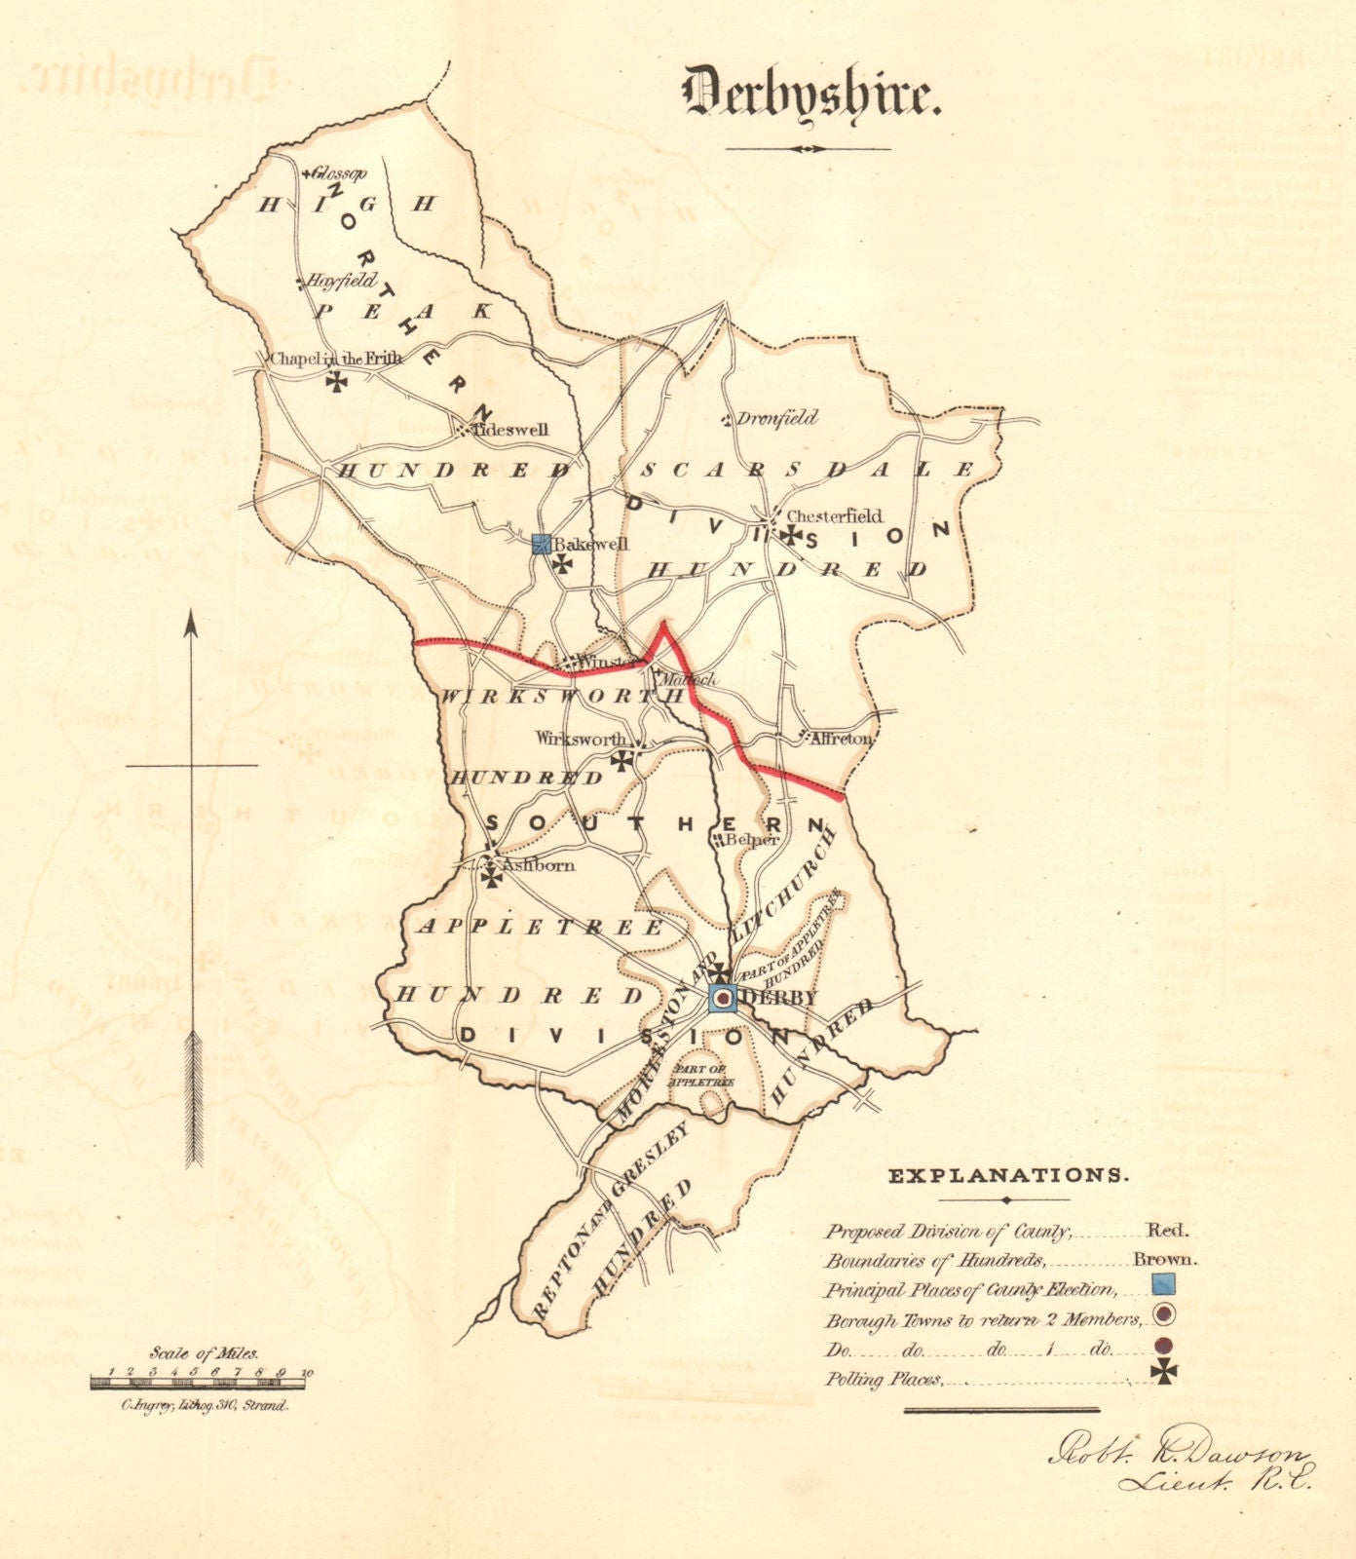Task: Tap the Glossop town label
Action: pos(338,173)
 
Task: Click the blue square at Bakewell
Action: pos(543,545)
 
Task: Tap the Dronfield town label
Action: pos(776,418)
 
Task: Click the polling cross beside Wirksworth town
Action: pos(621,760)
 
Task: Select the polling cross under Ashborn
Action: pos(493,878)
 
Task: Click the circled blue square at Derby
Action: pos(722,999)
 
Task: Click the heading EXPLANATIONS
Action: pos(1008,1175)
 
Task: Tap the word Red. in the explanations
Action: pos(1166,1231)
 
